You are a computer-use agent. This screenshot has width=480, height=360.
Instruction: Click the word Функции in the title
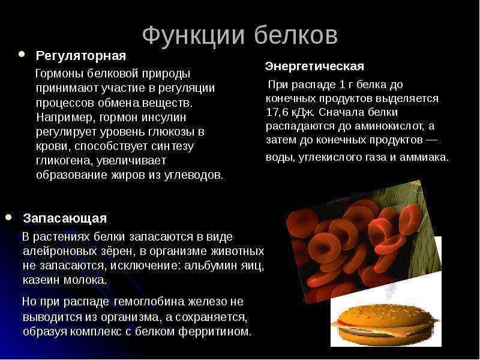click(x=193, y=37)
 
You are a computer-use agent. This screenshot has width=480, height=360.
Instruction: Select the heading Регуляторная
click(x=81, y=56)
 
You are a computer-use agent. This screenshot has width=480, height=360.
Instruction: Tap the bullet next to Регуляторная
click(x=22, y=55)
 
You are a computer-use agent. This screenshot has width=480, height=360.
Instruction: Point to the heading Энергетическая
click(x=314, y=66)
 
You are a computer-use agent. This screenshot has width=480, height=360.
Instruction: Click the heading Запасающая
click(x=65, y=218)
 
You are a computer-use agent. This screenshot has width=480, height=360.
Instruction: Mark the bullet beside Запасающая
click(x=8, y=217)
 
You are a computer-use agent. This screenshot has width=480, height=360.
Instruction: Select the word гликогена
click(x=65, y=161)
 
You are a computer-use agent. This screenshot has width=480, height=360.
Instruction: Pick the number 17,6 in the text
click(x=277, y=113)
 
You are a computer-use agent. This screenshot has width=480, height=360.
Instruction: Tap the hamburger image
click(x=386, y=324)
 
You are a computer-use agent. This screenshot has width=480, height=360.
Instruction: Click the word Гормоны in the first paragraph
click(x=59, y=74)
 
